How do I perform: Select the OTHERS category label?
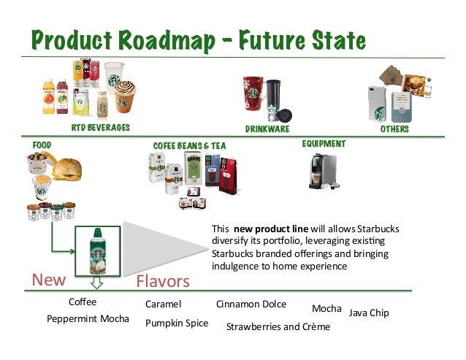click(394, 129)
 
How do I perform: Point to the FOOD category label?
click(41, 145)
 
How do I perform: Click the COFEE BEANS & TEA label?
click(189, 146)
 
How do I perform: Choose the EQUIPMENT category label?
click(324, 144)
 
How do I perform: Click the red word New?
click(48, 280)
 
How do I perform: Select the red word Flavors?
click(163, 281)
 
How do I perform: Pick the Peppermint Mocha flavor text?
click(88, 319)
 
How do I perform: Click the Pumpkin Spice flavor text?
click(177, 323)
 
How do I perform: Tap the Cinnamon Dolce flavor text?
click(251, 304)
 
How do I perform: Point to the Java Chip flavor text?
click(369, 313)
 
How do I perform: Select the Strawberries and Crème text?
click(278, 326)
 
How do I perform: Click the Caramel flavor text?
click(163, 304)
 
